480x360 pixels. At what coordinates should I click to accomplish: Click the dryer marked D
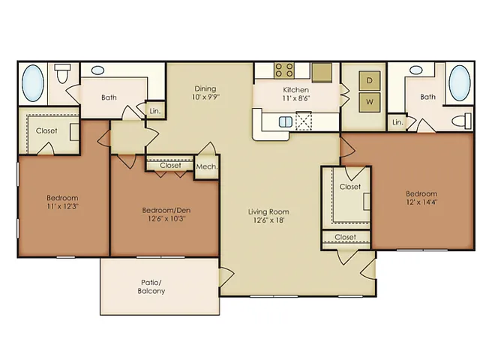tap(370, 80)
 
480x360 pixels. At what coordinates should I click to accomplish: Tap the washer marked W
tap(370, 102)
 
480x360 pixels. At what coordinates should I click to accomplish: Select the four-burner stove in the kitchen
tap(284, 70)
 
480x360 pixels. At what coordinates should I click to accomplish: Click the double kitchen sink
tap(286, 121)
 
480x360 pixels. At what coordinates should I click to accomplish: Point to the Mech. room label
tap(207, 166)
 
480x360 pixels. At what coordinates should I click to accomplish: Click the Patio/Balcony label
tap(151, 286)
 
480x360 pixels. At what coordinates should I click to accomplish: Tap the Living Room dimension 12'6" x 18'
tap(268, 220)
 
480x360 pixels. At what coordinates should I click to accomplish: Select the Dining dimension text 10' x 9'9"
tap(205, 97)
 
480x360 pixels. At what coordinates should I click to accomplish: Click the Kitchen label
tap(295, 90)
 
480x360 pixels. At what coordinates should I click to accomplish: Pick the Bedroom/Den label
tap(166, 210)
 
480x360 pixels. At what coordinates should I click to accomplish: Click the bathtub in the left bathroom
tap(33, 83)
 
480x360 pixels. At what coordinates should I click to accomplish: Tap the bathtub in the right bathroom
tap(460, 83)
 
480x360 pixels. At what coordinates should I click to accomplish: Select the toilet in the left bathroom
tap(62, 73)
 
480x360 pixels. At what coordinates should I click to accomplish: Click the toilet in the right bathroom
tap(462, 121)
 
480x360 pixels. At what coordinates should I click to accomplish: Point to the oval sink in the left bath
tap(97, 70)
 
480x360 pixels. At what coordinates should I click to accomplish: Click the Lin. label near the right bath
tap(397, 122)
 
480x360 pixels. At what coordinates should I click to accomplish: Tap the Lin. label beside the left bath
tap(155, 111)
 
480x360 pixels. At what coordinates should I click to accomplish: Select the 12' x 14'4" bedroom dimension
tap(421, 202)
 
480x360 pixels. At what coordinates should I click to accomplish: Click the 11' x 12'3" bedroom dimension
tap(62, 206)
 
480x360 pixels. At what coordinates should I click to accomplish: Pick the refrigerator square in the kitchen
tap(322, 73)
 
